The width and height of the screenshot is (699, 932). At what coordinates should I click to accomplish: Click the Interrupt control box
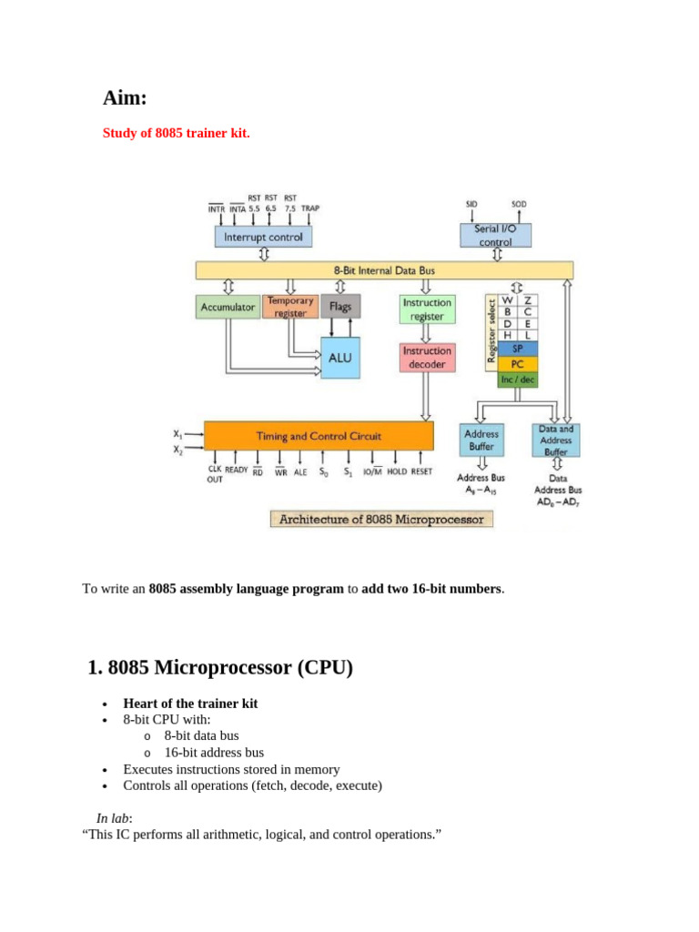(263, 237)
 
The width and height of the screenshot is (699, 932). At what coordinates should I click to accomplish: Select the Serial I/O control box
(495, 236)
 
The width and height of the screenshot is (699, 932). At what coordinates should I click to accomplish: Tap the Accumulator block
(227, 307)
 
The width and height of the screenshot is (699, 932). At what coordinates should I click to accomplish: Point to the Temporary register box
(290, 306)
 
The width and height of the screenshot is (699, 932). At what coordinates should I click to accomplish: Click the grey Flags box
(340, 307)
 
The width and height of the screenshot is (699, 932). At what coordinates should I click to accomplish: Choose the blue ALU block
(339, 358)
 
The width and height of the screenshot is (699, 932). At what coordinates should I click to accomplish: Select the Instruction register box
(427, 309)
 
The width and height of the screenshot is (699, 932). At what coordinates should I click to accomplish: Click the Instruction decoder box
(427, 357)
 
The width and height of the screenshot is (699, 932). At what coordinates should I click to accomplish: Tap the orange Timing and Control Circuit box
(319, 436)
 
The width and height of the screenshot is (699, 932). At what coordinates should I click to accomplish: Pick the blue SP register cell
(517, 349)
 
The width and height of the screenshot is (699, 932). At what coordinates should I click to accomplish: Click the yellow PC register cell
(517, 364)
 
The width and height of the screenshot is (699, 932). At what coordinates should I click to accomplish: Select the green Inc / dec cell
(517, 380)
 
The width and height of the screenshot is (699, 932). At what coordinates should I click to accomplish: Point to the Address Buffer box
(481, 441)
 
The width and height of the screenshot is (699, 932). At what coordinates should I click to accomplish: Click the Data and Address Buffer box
(555, 441)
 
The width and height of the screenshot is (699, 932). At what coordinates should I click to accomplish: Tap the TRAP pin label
(310, 208)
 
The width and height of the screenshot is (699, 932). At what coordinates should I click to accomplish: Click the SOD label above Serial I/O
(519, 205)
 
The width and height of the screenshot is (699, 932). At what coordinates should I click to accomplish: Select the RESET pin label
(421, 471)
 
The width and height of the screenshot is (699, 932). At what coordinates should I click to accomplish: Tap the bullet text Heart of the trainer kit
(190, 704)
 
